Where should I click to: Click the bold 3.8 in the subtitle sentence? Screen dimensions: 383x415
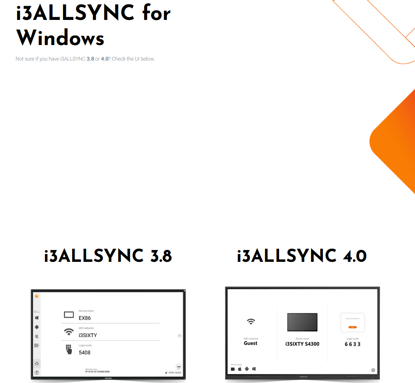point(90,59)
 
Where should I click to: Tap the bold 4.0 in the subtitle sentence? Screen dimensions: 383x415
point(104,59)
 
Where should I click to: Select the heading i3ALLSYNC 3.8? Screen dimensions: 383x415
point(108,256)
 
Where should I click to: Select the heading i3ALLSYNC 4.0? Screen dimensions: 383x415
point(302,256)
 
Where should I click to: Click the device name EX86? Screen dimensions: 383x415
point(85,318)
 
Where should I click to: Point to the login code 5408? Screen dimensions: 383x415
point(85,353)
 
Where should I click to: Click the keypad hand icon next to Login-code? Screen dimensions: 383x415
point(69,349)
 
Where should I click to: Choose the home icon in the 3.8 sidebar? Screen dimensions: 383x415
point(37,363)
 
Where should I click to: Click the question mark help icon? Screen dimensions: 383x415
point(37,373)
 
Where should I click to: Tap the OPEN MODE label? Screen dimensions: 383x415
point(175,373)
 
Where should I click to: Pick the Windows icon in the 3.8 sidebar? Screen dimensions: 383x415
point(37,318)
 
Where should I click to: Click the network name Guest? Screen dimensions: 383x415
point(251,343)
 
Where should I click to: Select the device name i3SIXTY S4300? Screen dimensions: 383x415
point(302,344)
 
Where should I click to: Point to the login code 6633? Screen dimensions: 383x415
point(352,344)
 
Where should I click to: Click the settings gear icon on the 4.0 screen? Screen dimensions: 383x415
point(373,370)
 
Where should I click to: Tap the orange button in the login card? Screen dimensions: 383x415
point(352,327)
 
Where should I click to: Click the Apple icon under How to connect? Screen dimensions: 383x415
point(240,369)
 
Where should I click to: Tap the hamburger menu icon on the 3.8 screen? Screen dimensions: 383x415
point(179,336)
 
